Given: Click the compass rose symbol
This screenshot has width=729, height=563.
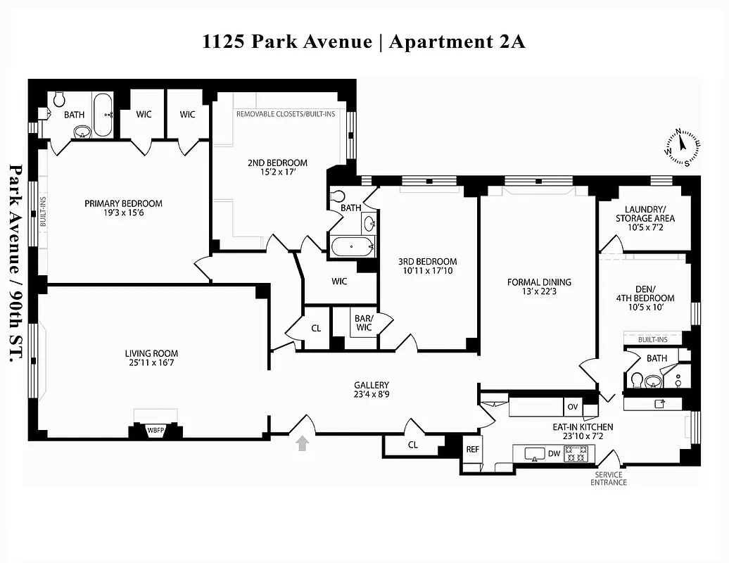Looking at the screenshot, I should click(680, 147).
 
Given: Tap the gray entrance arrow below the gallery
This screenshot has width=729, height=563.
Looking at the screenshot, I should click(303, 443).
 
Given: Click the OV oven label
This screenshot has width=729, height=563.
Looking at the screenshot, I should click(572, 407).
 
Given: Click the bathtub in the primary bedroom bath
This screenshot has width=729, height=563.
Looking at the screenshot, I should click(103, 115).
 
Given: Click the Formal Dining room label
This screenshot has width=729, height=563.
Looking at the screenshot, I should click(539, 282).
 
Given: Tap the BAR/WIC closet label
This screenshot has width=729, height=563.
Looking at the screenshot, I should click(364, 323).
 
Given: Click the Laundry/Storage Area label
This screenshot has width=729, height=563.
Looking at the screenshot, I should click(645, 213).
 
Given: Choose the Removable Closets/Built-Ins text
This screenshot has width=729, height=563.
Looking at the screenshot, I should click(286, 114).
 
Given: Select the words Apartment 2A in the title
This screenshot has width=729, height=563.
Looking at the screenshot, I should click(457, 42).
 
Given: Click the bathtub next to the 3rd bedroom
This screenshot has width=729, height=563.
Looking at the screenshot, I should click(353, 246).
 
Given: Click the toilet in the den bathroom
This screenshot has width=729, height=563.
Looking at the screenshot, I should click(636, 381).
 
